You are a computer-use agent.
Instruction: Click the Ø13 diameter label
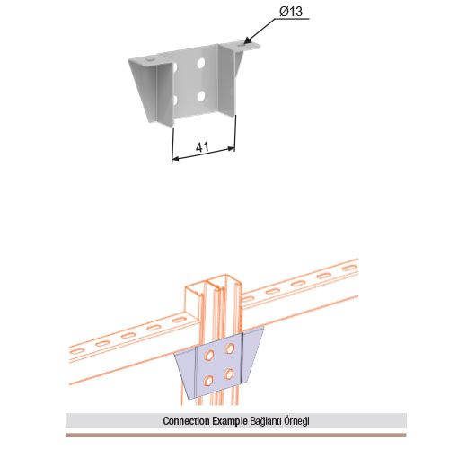point(291,12)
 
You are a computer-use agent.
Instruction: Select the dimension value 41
point(202,147)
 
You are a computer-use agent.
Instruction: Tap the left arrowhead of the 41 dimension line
point(176,159)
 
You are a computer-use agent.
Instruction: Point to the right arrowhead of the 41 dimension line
point(231,148)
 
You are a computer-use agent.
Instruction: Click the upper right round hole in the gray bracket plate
point(201,63)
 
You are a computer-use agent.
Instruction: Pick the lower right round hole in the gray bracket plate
point(201,96)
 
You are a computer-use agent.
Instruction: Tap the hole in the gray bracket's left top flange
point(150,60)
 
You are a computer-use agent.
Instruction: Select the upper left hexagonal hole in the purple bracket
point(208,355)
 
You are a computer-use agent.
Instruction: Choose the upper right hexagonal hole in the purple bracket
point(230,348)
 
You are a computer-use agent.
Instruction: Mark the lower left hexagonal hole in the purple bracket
point(207,382)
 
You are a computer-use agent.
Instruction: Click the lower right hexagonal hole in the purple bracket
point(229,374)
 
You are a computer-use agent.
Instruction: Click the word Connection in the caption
point(186,421)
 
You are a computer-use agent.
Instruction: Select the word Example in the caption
point(230,421)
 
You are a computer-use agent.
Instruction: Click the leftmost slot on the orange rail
point(76,351)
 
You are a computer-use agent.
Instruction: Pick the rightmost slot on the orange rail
point(350,269)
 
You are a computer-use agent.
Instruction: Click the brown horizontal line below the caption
point(236,435)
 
